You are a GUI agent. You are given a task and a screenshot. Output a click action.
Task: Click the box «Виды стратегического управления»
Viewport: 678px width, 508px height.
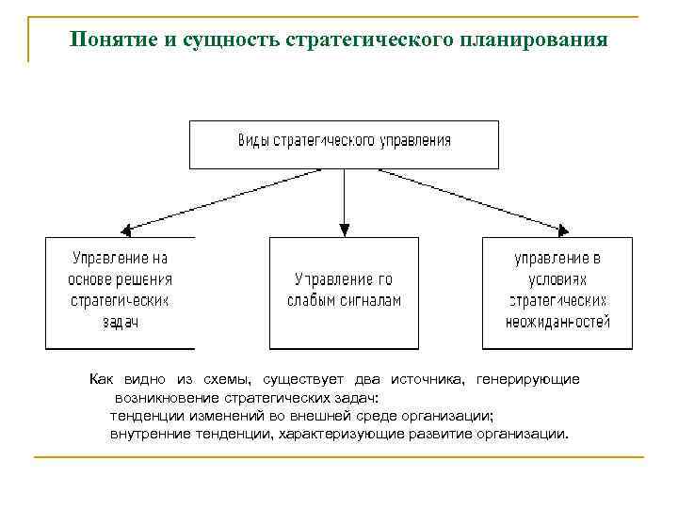[x=344, y=143]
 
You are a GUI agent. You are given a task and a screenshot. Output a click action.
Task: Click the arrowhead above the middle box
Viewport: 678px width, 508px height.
[x=345, y=229]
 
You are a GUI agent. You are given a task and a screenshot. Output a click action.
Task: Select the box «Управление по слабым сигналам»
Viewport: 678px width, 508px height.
[x=344, y=292]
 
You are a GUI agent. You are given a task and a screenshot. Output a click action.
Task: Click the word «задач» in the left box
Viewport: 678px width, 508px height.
[x=120, y=323]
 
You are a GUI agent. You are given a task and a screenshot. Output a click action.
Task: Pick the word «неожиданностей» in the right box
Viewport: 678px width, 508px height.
[x=557, y=322]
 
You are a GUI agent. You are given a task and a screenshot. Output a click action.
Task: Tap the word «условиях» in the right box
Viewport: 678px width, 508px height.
[x=557, y=279]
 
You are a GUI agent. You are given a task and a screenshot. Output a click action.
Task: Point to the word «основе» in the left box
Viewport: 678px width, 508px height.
[x=90, y=279]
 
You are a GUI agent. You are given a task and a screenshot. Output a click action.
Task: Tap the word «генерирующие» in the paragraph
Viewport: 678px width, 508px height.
[x=528, y=379]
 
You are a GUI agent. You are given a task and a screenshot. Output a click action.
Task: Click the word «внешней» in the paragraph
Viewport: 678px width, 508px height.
[x=328, y=415]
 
